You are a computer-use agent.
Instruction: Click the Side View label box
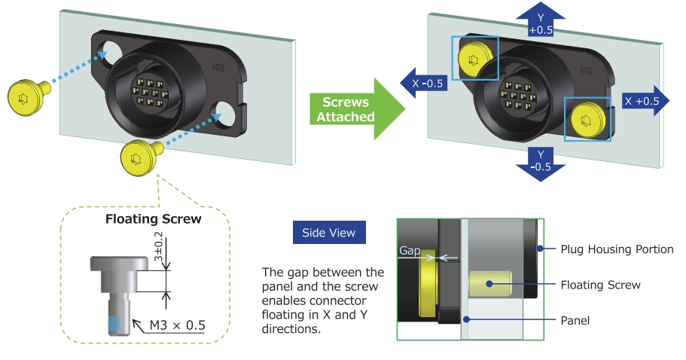click(329, 233)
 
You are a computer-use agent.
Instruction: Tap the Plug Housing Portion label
click(617, 249)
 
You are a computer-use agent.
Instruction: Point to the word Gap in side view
click(410, 249)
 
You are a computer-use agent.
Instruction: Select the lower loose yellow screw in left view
click(139, 158)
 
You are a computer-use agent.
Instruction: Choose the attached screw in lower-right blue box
click(588, 119)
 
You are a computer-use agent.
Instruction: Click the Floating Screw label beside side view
click(600, 285)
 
